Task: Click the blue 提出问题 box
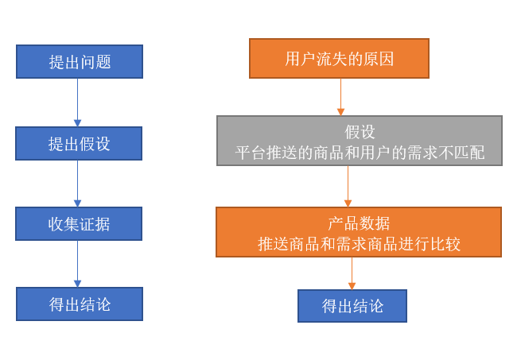[80, 62]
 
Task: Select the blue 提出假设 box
[79, 144]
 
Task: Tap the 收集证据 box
[79, 224]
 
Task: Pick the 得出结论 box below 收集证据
[80, 304]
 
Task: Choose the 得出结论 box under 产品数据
[352, 306]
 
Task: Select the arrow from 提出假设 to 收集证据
[77, 184]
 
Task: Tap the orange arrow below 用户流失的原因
[340, 97]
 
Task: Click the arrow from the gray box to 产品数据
[348, 187]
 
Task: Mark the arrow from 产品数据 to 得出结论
[352, 273]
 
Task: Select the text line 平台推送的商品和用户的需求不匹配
[360, 152]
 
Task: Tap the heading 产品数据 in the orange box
[359, 223]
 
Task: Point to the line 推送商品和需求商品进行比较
[359, 244]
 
